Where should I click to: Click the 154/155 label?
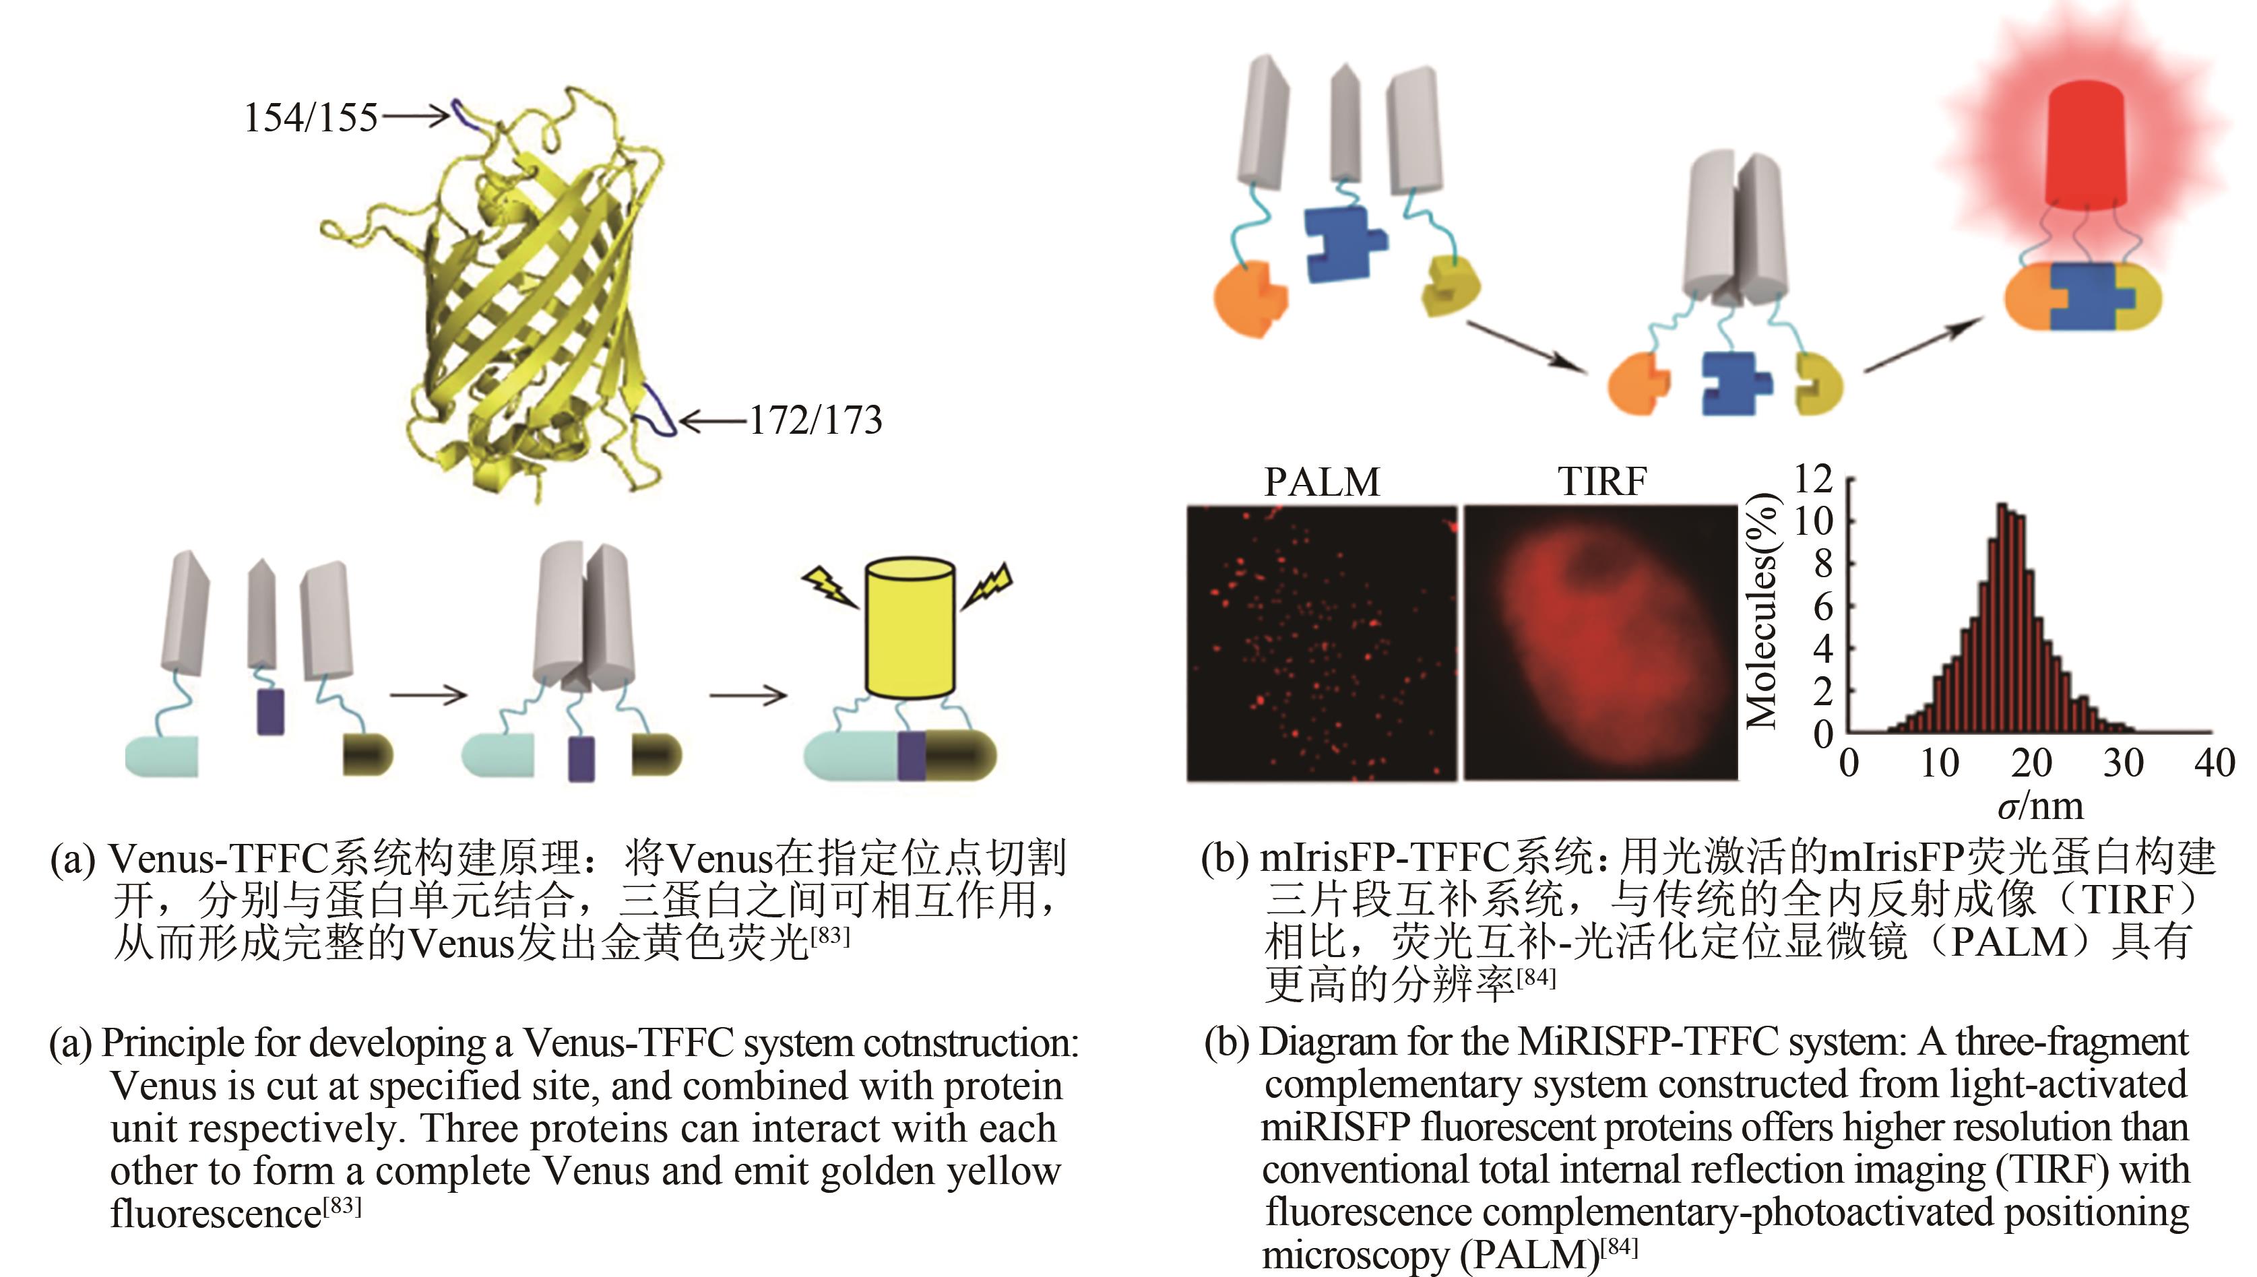[x=311, y=117]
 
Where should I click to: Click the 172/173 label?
[x=816, y=420]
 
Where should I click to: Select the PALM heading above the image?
[x=1322, y=482]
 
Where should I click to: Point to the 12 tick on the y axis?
[x=1813, y=479]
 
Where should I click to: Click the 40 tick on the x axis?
[x=2214, y=763]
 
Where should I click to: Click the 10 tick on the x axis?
[x=1938, y=763]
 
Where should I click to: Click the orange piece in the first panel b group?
[x=1249, y=299]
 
